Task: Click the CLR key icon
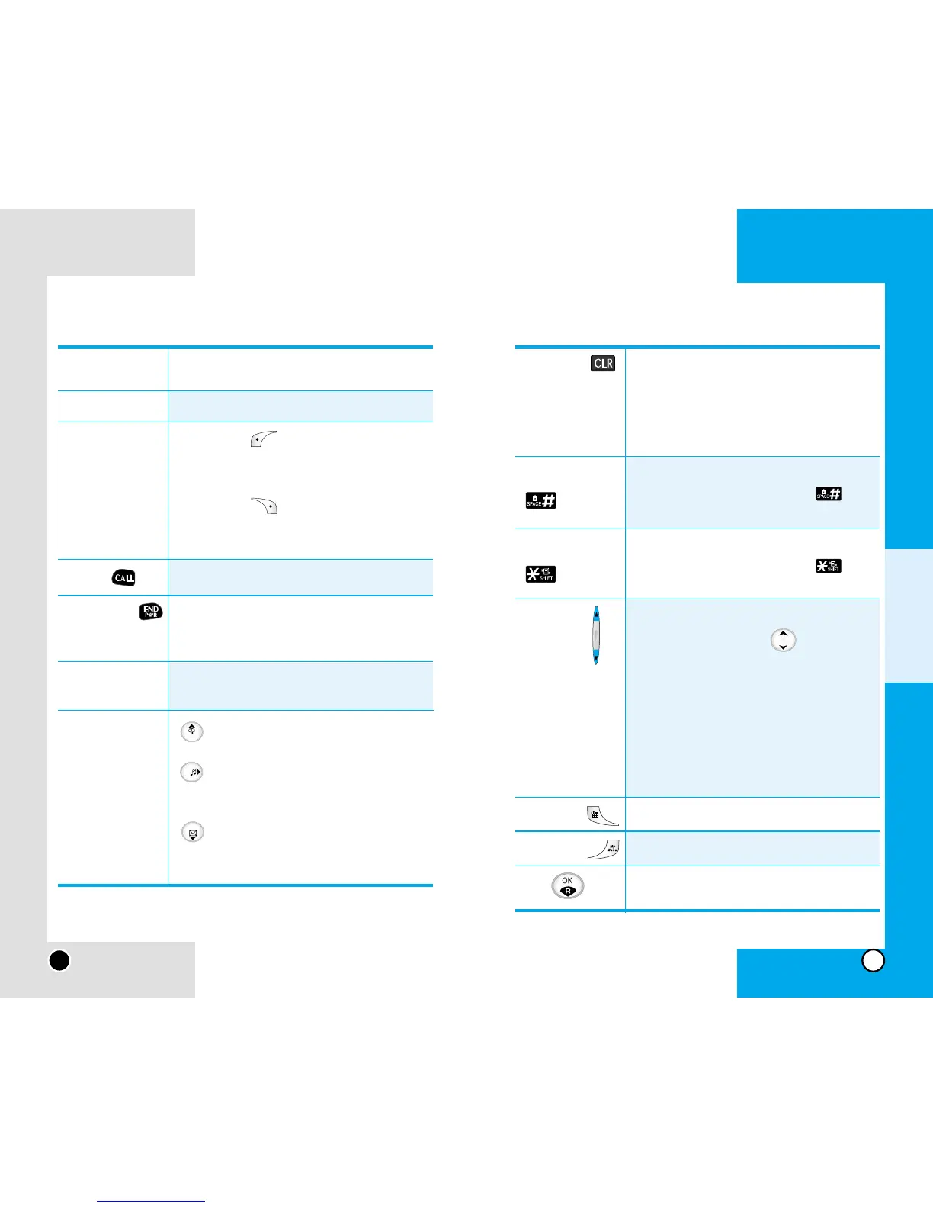point(603,364)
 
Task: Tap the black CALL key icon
point(123,578)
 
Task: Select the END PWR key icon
point(151,612)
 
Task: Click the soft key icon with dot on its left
point(263,440)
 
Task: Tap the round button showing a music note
point(192,772)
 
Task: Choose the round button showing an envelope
point(192,832)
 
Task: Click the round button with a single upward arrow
point(191,731)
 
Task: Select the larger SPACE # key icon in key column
point(540,500)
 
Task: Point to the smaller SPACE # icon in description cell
point(829,493)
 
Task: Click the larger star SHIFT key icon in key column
point(540,574)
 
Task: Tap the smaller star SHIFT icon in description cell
point(829,566)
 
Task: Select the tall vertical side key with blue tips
point(596,635)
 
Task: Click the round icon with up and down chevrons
point(783,640)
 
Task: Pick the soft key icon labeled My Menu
point(604,849)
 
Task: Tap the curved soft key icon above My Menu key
point(603,816)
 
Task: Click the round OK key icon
point(567,885)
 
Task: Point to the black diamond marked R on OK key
point(567,891)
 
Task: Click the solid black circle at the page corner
point(59,960)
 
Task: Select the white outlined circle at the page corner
point(873,960)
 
